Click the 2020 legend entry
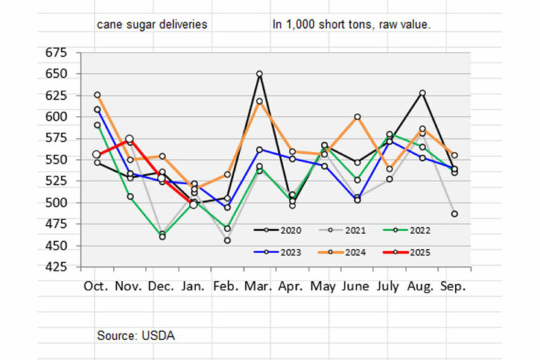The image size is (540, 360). [x=278, y=230]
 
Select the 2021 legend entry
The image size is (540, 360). [x=342, y=230]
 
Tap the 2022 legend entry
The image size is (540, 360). [x=406, y=230]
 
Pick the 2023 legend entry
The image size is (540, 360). [x=278, y=252]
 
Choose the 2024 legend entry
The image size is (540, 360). [x=342, y=252]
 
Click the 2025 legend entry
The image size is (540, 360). [x=406, y=252]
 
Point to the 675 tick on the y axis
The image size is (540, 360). [x=56, y=53]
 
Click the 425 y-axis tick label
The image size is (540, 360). [x=56, y=266]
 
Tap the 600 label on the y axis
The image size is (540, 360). [x=56, y=117]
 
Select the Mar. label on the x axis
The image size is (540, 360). [x=258, y=286]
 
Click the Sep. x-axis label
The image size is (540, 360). [x=453, y=286]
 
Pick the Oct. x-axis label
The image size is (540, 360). [x=96, y=286]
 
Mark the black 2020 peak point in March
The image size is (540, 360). [x=259, y=74]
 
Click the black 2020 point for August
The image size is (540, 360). [x=422, y=93]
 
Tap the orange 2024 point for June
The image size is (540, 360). [x=357, y=117]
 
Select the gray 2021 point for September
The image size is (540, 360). [x=455, y=214]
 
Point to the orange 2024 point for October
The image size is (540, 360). [x=98, y=95]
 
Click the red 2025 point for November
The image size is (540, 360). [x=129, y=139]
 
